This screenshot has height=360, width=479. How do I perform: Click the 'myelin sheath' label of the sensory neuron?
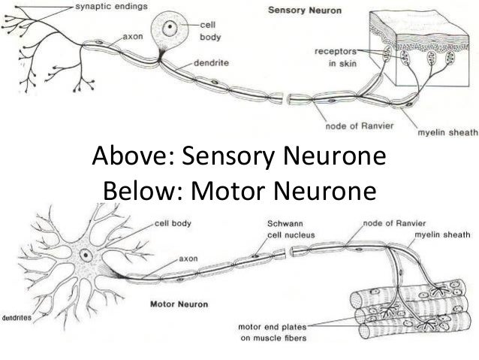[447, 134]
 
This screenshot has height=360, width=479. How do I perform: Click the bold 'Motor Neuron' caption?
[181, 306]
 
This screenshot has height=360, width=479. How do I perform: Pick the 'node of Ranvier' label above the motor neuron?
[391, 223]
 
